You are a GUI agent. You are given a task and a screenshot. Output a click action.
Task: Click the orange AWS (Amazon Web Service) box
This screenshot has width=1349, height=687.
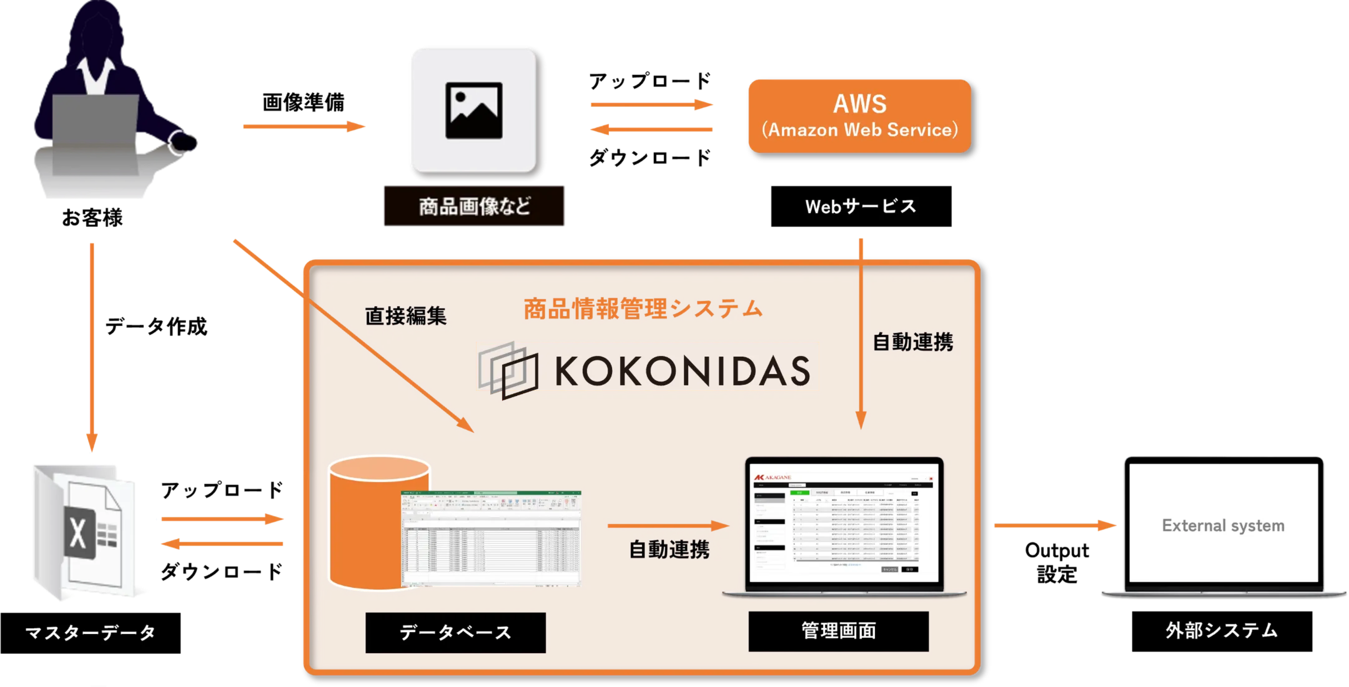(859, 116)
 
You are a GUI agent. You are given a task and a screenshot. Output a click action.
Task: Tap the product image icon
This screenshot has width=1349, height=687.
(473, 111)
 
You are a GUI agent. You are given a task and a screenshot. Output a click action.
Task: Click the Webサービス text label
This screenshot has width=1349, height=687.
(860, 206)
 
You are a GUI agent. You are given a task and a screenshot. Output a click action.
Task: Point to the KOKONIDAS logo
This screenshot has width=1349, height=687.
(647, 368)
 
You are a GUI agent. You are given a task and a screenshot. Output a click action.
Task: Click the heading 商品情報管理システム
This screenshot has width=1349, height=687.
(643, 309)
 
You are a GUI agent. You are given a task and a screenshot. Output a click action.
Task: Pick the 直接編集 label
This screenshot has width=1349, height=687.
(406, 316)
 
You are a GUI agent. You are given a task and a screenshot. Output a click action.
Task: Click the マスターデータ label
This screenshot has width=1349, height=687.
(90, 633)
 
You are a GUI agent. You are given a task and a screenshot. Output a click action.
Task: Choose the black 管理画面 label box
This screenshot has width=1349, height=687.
(838, 631)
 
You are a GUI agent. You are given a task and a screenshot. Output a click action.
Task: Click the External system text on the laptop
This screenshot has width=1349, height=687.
(1223, 525)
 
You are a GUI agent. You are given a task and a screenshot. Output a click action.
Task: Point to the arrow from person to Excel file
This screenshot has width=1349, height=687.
(92, 346)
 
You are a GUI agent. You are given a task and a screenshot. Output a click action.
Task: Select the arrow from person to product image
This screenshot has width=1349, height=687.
(304, 126)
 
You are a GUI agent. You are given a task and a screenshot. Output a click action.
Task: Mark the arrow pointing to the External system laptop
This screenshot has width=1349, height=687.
(1055, 525)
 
